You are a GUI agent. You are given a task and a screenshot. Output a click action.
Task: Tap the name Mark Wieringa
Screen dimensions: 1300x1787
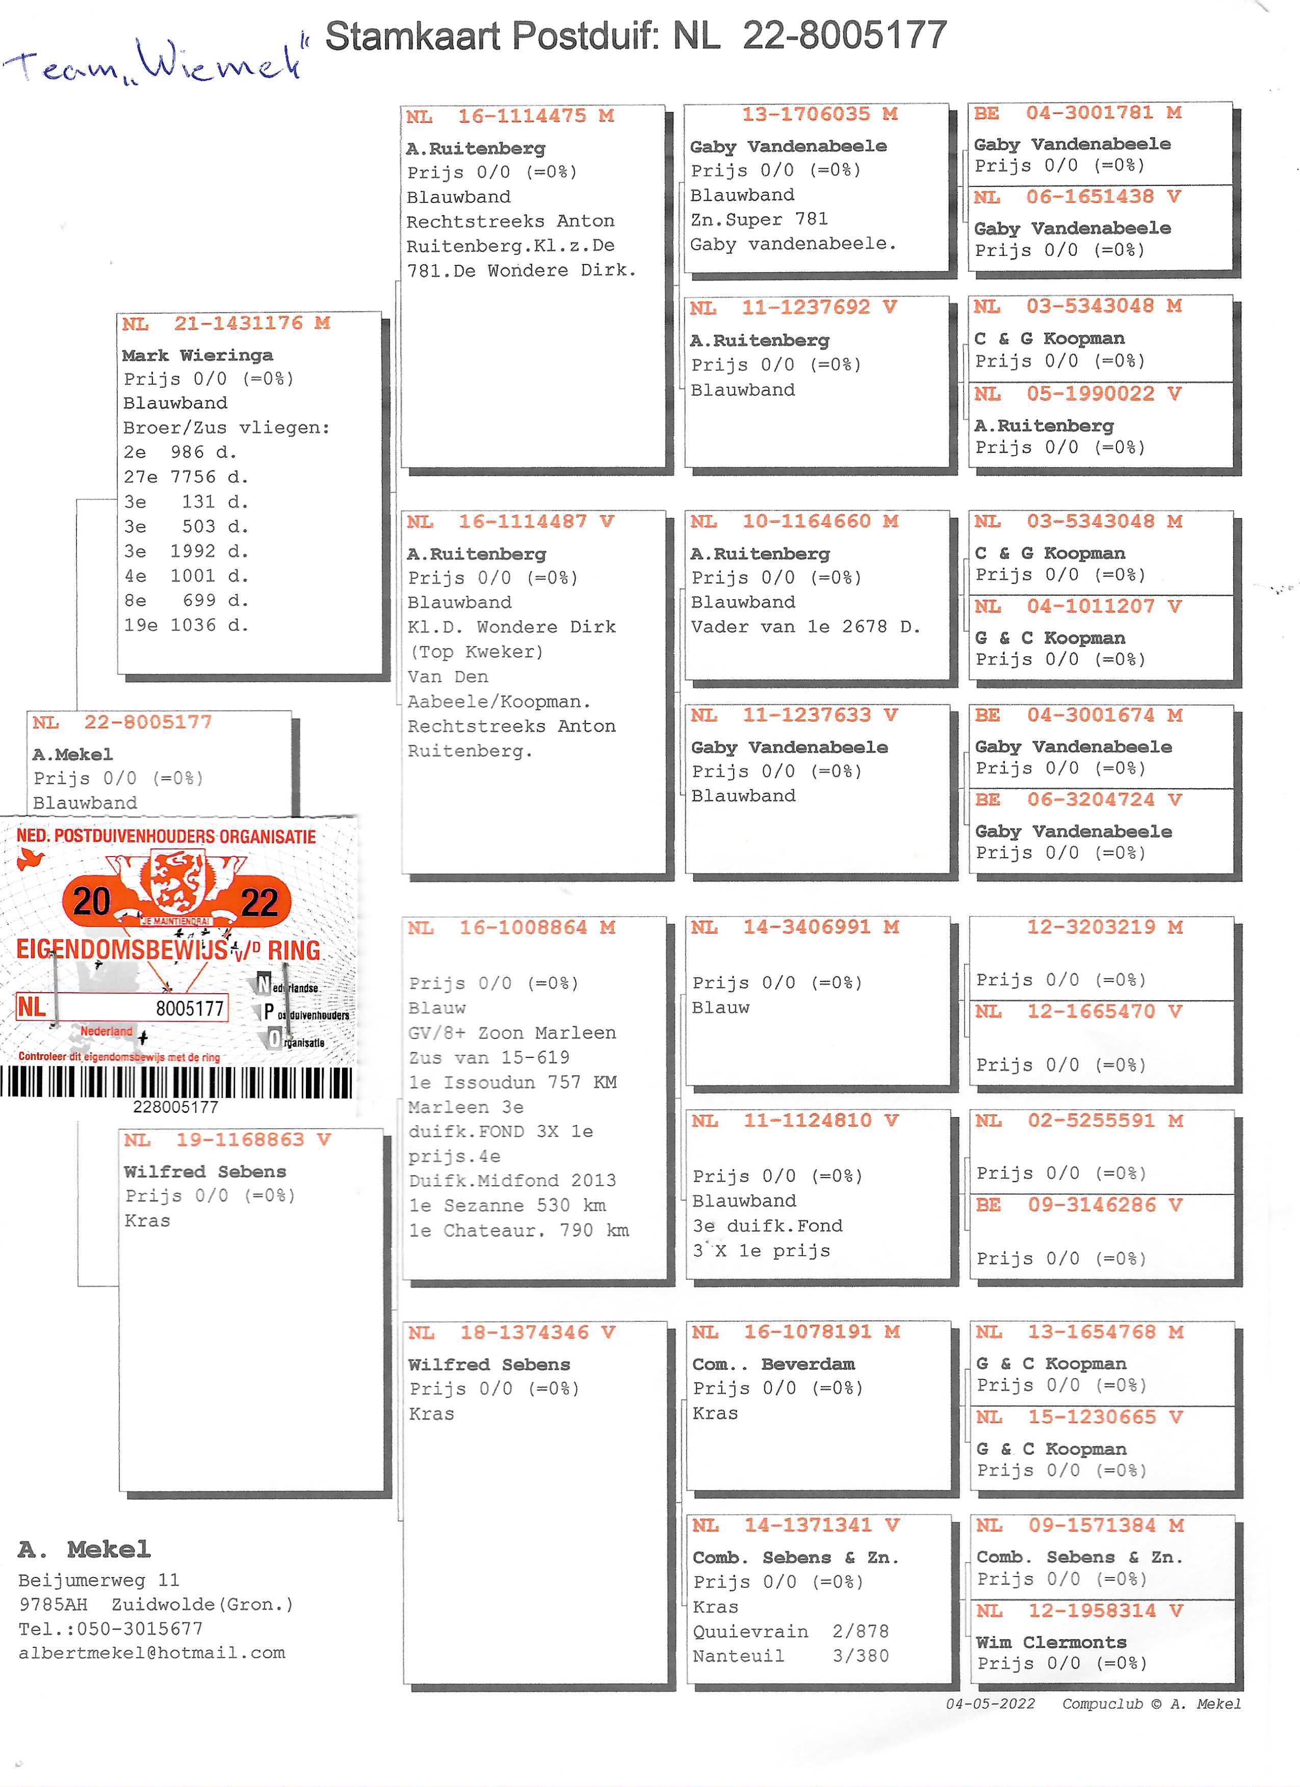tap(197, 355)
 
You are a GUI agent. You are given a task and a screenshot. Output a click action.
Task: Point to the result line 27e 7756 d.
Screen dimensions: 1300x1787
tap(186, 477)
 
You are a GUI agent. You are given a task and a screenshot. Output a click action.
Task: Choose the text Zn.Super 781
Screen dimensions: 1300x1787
tap(759, 219)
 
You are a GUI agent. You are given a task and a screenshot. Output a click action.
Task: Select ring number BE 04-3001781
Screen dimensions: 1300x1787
tap(1077, 113)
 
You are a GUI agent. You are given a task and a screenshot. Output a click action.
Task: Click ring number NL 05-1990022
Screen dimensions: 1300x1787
tap(1077, 393)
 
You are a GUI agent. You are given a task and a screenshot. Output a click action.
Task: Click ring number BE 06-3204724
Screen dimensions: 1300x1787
tap(1078, 799)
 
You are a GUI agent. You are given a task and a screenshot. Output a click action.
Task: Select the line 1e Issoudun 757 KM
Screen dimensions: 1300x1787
tap(512, 1082)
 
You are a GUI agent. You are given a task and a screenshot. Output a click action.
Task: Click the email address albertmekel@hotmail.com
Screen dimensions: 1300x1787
tap(152, 1652)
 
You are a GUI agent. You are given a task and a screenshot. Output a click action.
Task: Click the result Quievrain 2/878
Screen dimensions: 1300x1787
tap(791, 1631)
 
